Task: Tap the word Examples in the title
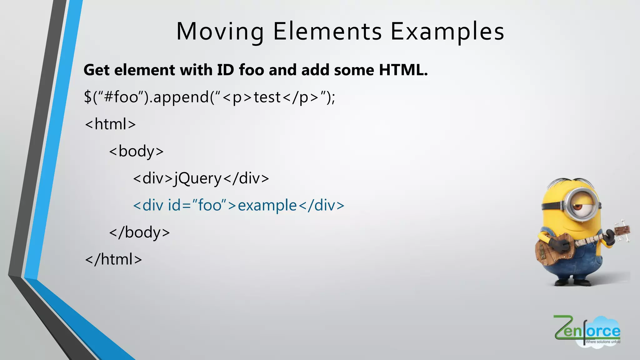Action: tap(447, 32)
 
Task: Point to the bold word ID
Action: tap(225, 70)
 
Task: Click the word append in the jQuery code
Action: tap(181, 97)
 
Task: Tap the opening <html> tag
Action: tap(111, 124)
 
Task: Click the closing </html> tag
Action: tap(113, 259)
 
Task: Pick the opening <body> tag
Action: tap(137, 152)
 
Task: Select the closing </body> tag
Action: tap(139, 232)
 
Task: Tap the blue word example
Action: tap(267, 206)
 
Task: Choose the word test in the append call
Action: tap(267, 97)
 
